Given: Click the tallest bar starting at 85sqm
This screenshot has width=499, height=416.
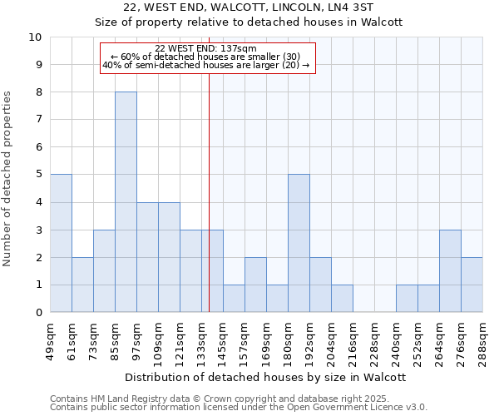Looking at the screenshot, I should [126, 202].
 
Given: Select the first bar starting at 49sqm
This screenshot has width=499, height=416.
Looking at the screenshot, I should [61, 243].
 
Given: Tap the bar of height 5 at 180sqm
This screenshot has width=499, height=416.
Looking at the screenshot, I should [299, 243].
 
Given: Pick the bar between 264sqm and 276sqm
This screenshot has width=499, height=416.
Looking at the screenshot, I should [450, 270].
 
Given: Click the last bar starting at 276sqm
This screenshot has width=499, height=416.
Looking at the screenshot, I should [472, 285].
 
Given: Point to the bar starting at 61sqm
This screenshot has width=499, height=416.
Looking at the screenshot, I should [82, 285].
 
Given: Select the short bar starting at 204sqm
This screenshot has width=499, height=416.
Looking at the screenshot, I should [342, 298].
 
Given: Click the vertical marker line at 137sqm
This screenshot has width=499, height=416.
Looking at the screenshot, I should [209, 166].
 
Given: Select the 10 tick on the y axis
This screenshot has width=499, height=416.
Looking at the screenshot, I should [35, 37].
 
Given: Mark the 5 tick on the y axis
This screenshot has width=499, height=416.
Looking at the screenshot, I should [38, 175].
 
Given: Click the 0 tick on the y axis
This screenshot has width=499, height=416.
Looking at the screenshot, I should [38, 312].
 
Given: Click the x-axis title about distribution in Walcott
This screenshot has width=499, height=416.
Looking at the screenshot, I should [266, 377].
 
